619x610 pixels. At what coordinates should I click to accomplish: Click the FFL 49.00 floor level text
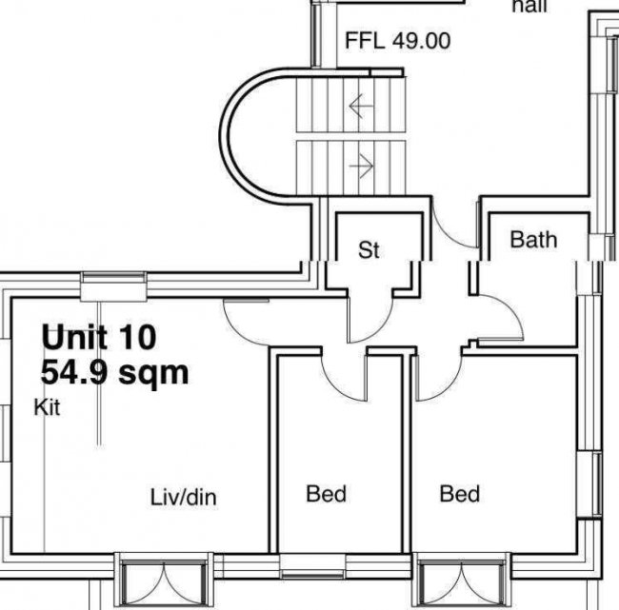click(x=397, y=41)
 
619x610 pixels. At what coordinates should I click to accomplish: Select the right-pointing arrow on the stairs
click(x=361, y=167)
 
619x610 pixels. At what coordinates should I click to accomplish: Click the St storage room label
click(x=369, y=250)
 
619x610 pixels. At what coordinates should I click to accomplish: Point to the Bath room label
click(x=533, y=239)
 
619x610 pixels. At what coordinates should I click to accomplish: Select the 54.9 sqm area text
click(x=114, y=372)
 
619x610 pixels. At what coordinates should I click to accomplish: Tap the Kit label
click(x=47, y=408)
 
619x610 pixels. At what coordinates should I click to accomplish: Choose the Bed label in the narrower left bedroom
click(x=326, y=494)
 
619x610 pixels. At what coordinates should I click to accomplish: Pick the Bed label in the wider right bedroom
click(x=459, y=494)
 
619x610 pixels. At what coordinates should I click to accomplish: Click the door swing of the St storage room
click(x=367, y=319)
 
